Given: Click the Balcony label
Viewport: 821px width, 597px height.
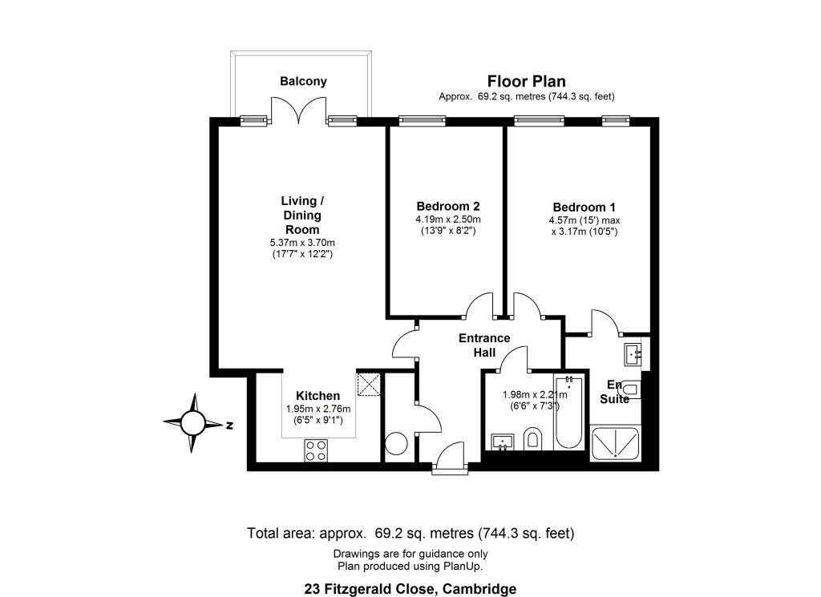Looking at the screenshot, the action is [303, 81].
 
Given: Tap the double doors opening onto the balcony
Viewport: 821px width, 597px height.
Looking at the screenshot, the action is [299, 111].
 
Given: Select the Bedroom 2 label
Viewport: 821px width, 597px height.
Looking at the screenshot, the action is [448, 206].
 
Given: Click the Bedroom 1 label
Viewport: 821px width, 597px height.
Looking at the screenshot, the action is [584, 208].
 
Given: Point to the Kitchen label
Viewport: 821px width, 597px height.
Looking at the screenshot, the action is [317, 396].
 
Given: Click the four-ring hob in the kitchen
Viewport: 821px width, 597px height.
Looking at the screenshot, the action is [316, 450].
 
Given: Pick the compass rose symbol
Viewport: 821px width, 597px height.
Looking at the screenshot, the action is [192, 422].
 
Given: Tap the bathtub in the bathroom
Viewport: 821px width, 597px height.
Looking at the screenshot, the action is [568, 412].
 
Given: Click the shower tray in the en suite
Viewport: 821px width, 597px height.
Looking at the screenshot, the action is [615, 444].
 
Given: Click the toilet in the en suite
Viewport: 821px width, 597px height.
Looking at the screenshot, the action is [630, 389].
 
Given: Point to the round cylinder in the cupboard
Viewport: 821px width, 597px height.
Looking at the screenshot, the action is [396, 443].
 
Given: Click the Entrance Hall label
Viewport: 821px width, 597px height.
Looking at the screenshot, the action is [484, 345].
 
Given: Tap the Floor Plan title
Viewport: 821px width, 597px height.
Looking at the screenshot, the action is [526, 82].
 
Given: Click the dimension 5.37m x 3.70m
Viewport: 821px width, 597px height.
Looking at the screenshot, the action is [302, 243].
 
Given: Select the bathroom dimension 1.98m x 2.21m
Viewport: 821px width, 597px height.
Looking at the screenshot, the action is [535, 395].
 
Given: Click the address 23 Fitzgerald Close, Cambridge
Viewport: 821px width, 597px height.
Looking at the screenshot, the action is [410, 589].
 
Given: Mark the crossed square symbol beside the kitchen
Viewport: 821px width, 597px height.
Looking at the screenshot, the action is [369, 385].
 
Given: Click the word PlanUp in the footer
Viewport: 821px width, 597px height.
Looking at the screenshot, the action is [463, 566].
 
